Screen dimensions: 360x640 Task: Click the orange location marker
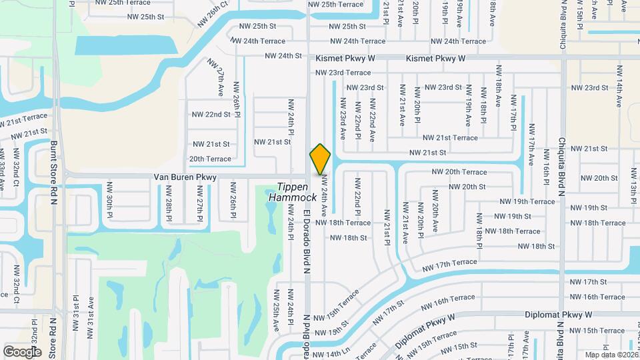point(320,159)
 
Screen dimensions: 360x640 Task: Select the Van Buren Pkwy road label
point(185,177)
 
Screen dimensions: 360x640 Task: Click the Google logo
point(22,351)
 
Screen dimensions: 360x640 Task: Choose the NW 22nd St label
point(209,115)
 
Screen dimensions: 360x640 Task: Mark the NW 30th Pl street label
point(110,197)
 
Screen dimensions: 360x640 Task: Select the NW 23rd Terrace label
point(343,73)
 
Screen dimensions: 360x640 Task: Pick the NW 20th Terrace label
point(459,172)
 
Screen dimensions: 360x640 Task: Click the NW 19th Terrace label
point(527,201)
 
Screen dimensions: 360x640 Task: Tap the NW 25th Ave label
point(276,311)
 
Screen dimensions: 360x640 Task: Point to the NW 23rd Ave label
point(343,119)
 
